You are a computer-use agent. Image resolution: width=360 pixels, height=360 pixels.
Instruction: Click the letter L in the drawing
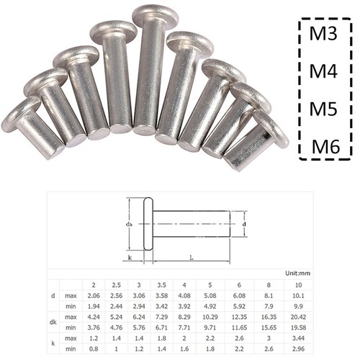pyautogui.click(x=189, y=257)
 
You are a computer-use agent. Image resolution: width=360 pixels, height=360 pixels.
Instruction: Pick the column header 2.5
pyautogui.click(x=117, y=284)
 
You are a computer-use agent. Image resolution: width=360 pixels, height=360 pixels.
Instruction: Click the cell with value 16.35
pyautogui.click(x=269, y=316)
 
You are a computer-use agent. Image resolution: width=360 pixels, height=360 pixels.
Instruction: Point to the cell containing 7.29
pyautogui.click(x=162, y=316)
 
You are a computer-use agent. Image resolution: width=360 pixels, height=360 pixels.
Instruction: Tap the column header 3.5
pyautogui.click(x=162, y=284)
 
